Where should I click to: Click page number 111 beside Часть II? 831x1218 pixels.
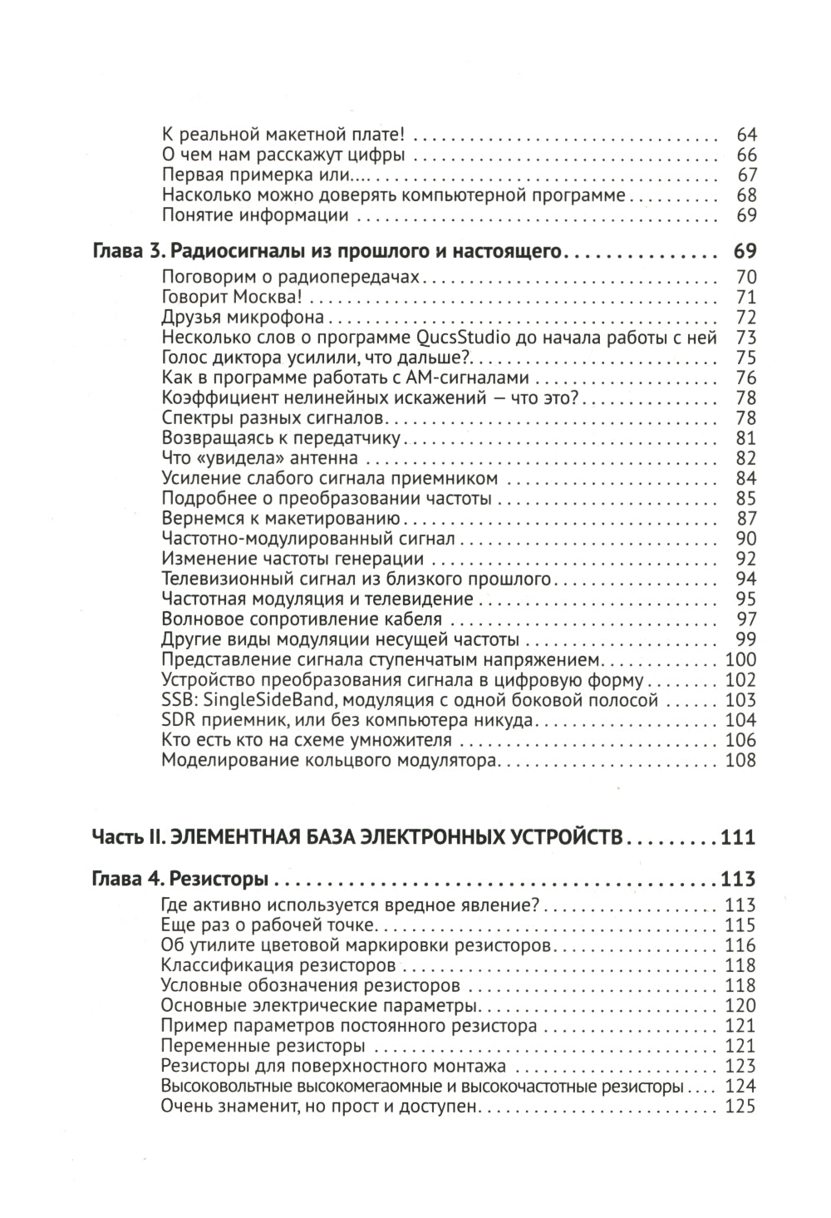(738, 836)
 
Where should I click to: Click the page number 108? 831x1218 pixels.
(740, 761)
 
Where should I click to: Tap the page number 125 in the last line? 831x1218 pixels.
(740, 1107)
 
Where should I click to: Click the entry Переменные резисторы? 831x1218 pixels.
(264, 1046)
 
